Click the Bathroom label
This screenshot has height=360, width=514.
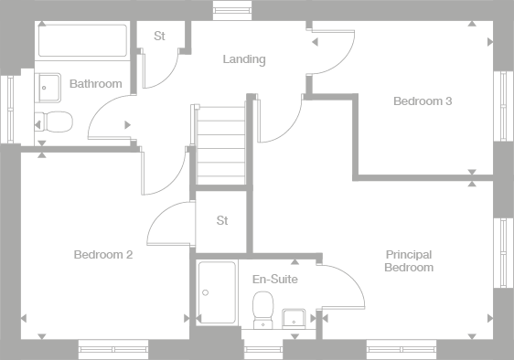coord(96,84)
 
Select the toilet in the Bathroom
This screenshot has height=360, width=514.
coord(54,120)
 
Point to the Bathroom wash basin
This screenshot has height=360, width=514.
coord(49,86)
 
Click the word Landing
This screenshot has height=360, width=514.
coord(244,59)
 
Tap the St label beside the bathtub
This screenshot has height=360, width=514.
coord(159,37)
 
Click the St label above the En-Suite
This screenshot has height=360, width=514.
coord(222,220)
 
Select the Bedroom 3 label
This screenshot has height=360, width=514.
coord(423,101)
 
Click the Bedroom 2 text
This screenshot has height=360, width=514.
coord(103,255)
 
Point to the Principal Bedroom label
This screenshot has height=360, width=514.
coord(409,261)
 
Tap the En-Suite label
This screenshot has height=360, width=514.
coord(275,279)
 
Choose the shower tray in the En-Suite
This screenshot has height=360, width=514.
coord(217,292)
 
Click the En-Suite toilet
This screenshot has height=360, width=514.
coord(263,308)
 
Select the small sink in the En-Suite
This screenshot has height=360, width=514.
coord(294,317)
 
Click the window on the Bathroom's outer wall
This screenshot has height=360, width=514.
coord(10,107)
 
